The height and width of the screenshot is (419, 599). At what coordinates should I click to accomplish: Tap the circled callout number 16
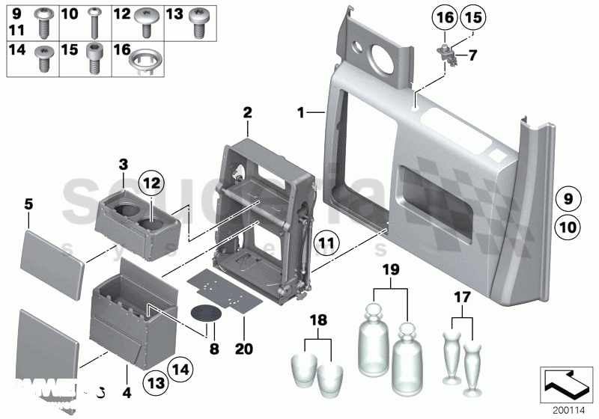coord(445,17)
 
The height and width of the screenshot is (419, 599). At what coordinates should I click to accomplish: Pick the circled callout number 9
coord(568,199)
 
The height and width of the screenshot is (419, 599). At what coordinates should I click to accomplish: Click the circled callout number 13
coord(153,382)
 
